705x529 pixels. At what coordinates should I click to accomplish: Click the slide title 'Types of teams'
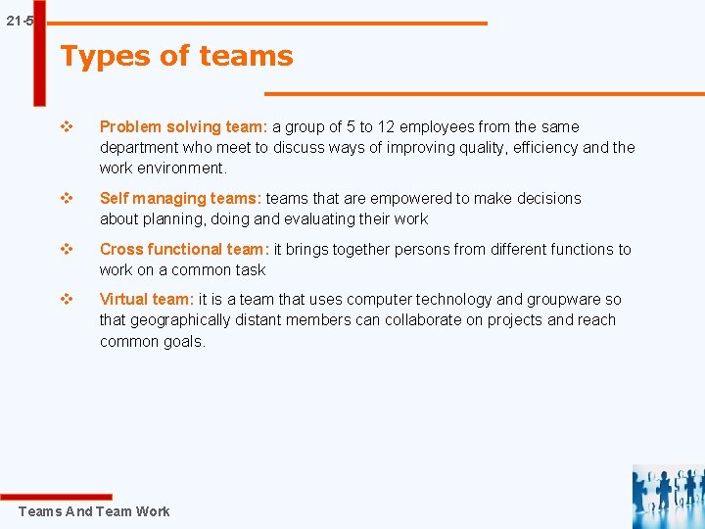[x=176, y=56]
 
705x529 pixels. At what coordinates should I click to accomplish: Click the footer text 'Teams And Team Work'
[x=94, y=511]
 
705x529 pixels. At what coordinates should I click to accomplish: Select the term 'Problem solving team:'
[x=184, y=126]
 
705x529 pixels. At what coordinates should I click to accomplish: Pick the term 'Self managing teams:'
[x=180, y=198]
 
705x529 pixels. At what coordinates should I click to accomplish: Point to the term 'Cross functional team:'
[x=184, y=249]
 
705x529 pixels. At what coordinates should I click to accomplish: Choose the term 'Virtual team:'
[x=147, y=300]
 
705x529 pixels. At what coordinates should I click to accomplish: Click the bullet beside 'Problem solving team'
[x=68, y=126]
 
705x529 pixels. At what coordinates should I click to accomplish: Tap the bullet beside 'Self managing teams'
[x=68, y=198]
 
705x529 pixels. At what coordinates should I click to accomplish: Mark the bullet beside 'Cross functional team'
[x=68, y=249]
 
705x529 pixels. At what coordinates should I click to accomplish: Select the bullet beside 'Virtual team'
[x=68, y=300]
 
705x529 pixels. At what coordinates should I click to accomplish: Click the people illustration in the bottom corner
[x=668, y=496]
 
